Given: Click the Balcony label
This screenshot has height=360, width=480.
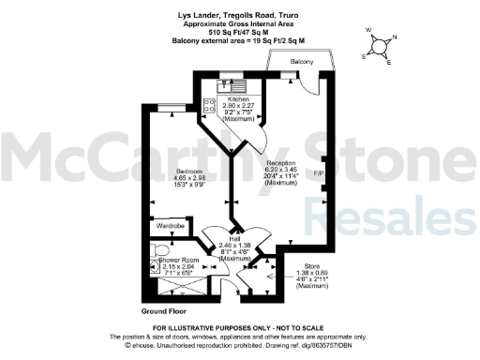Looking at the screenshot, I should click(x=301, y=61).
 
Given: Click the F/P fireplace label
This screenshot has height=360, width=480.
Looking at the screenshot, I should click(x=318, y=174).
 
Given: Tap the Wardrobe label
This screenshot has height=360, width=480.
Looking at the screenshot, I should click(x=170, y=226).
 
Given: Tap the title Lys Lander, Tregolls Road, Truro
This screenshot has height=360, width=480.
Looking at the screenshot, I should click(x=239, y=15).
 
